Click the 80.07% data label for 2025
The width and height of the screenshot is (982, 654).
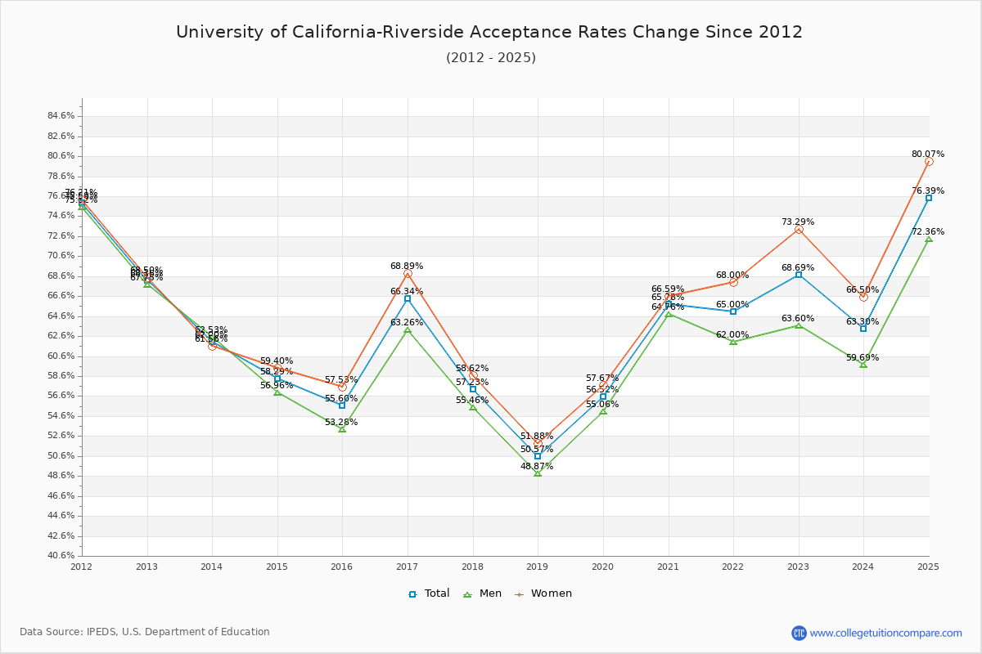click(x=928, y=154)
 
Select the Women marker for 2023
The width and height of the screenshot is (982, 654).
click(x=799, y=230)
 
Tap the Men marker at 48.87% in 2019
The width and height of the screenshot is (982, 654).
click(x=538, y=473)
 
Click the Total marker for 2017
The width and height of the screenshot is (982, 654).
click(x=408, y=299)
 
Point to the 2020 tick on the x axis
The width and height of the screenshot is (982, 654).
click(x=603, y=566)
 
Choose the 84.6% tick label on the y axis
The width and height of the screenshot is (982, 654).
click(x=61, y=116)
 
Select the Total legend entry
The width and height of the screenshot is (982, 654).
click(x=429, y=594)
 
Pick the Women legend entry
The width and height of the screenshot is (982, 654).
click(x=543, y=594)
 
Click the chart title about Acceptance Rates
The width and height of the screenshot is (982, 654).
click(x=489, y=32)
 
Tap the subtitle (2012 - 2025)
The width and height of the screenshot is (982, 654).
click(x=490, y=58)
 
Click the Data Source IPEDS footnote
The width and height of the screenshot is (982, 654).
click(x=145, y=632)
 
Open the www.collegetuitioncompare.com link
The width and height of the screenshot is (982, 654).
click(x=885, y=633)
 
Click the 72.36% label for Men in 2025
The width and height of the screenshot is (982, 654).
click(x=928, y=232)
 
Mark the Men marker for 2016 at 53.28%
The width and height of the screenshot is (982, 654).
click(x=342, y=429)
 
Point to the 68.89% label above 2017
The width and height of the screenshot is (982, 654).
click(x=407, y=267)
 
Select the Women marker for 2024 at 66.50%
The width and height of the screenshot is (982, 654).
click(x=863, y=297)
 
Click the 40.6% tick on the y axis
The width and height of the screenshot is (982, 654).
click(x=61, y=556)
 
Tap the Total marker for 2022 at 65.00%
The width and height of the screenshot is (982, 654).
click(x=733, y=311)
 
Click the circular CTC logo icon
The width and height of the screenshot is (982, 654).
click(x=799, y=633)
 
